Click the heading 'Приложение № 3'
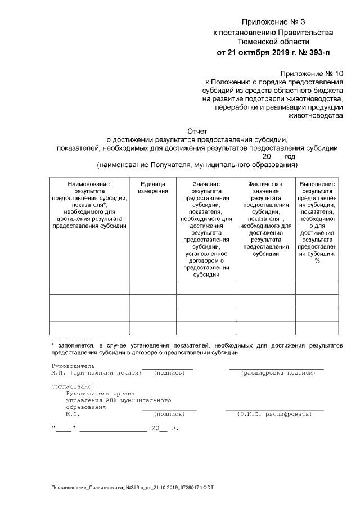pos(273,22)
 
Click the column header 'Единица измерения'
pos(153,188)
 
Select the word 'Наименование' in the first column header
pos(89,184)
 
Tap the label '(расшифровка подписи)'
pos(276,373)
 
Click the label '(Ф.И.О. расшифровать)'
pos(274,414)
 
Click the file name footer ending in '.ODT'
pos(132,485)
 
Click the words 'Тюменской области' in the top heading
pos(273,42)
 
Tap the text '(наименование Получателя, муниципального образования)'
pos(197,165)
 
